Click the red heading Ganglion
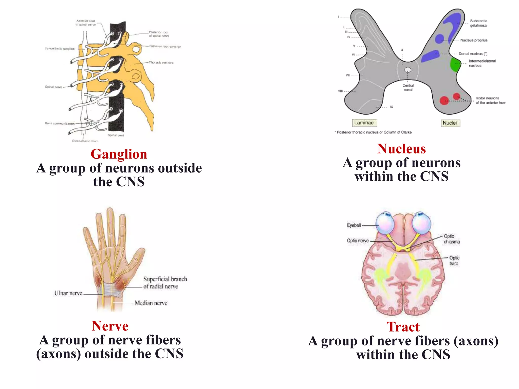119,154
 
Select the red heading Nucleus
401,149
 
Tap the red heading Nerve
110,326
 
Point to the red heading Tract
403,327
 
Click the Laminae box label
364,123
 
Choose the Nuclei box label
450,123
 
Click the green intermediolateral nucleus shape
455,65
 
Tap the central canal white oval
407,70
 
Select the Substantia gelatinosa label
478,23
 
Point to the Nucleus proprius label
474,40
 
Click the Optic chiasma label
451,239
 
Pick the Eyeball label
354,225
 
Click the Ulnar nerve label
68,293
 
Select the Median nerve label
151,303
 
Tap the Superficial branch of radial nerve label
165,283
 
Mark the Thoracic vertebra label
161,63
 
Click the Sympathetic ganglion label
60,49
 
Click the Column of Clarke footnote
374,132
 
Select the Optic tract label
454,260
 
